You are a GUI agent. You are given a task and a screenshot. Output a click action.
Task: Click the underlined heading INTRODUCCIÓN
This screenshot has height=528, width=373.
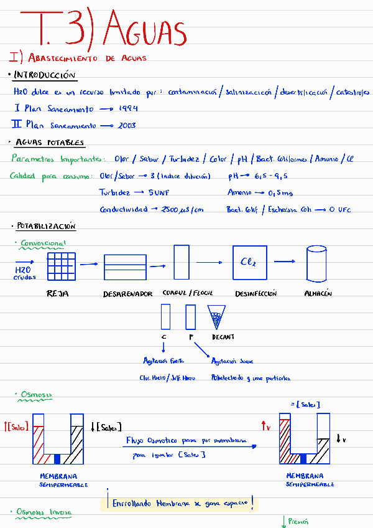[x=45, y=75]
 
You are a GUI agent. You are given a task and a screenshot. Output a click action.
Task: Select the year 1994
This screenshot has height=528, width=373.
[x=128, y=108]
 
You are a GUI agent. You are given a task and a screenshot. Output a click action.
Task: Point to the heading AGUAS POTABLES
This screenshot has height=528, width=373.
[x=50, y=143]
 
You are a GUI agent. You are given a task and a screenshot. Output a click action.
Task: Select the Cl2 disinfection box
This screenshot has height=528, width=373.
[x=250, y=262]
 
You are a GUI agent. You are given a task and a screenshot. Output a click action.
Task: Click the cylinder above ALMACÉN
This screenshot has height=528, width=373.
[x=316, y=263]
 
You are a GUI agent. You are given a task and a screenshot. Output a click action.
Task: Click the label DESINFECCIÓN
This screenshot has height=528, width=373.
[x=256, y=293]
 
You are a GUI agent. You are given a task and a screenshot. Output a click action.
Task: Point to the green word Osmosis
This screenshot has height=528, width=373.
[x=36, y=394]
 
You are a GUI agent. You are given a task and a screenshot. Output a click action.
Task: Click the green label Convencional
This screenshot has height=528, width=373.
[x=43, y=243]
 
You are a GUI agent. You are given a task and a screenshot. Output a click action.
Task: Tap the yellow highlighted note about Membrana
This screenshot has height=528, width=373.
[x=179, y=502]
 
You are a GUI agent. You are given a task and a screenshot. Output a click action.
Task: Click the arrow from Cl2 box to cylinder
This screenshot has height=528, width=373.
[x=284, y=262]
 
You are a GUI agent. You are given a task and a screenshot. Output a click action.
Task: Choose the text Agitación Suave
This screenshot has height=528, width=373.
[x=232, y=361]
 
